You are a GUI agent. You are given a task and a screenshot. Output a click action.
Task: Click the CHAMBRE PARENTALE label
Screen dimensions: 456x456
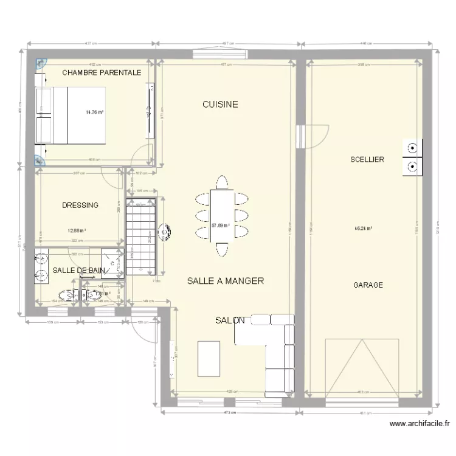[102, 72]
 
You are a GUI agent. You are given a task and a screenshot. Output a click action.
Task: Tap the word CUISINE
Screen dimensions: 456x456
[220, 105]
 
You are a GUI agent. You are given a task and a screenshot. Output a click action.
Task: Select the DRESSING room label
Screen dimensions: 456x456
[80, 206]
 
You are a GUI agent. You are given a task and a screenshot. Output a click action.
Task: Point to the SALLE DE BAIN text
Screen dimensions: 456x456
[78, 270]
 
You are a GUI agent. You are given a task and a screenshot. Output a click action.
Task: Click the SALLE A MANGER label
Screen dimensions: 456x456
[225, 281]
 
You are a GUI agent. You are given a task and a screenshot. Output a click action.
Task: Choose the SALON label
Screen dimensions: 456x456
[230, 320]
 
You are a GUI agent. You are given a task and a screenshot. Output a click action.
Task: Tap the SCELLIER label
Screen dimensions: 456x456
[367, 159]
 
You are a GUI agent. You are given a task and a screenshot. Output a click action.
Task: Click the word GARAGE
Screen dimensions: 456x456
[368, 285]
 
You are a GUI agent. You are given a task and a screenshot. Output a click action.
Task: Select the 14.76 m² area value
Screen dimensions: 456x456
[94, 112]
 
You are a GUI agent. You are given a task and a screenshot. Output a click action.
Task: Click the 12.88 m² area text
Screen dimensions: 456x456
[77, 230]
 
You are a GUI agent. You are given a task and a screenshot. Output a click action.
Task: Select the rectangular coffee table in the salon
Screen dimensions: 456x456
[209, 359]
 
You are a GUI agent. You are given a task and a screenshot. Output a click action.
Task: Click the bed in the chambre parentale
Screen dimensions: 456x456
[72, 115]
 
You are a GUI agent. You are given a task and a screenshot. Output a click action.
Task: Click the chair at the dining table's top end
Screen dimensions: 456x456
[222, 182]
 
